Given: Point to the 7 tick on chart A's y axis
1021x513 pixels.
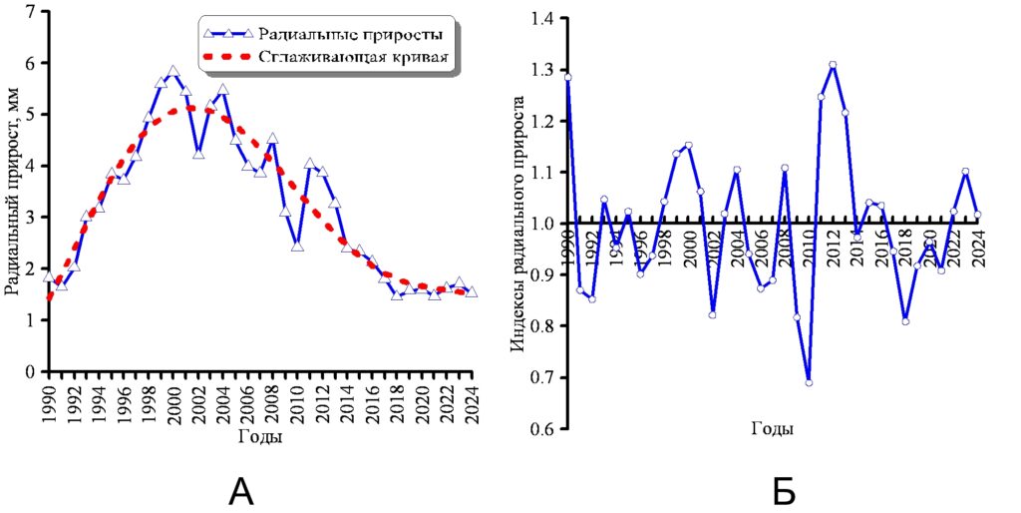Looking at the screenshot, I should [30, 12].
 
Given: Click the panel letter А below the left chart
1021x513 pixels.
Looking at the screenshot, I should [242, 491].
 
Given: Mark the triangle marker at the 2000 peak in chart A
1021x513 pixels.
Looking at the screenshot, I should [173, 72].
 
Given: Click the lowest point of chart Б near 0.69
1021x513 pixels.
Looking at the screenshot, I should [809, 382].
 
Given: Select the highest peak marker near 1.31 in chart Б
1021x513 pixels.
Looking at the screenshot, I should [833, 65].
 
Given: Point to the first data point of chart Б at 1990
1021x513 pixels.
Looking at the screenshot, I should [567, 77].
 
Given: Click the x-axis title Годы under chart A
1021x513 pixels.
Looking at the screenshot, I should [260, 437].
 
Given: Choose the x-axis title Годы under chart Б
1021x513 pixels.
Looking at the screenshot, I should [773, 429].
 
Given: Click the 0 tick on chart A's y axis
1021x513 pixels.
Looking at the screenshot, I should [30, 371].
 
